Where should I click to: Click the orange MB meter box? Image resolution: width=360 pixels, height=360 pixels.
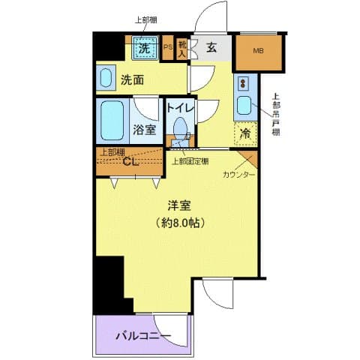259,52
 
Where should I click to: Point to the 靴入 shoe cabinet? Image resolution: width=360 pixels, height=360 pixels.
181,49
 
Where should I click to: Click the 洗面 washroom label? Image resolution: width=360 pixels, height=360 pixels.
133,79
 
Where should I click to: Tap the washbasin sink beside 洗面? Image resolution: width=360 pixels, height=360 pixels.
106,78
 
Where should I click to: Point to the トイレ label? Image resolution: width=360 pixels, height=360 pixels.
180,108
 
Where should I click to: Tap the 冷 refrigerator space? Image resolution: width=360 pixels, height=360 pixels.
245,133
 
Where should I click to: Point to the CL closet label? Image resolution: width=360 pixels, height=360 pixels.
130,162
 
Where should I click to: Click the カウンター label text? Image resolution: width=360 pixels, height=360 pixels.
238,174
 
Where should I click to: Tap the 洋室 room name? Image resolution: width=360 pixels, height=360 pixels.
178,204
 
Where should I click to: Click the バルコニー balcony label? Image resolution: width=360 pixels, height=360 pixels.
143,336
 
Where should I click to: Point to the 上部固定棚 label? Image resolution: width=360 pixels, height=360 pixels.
190,160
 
